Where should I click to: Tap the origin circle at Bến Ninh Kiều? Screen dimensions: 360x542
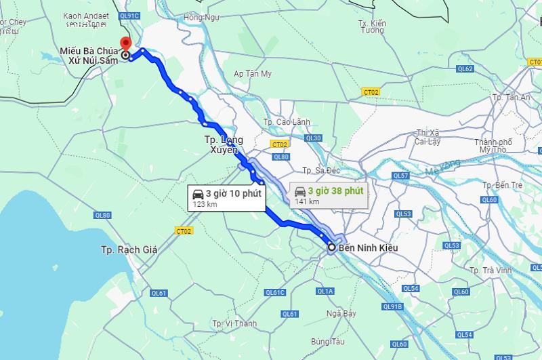pyautogui.click(x=332, y=247)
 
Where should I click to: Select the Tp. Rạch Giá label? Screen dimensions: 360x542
pyautogui.click(x=129, y=249)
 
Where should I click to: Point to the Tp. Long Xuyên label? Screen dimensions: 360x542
pyautogui.click(x=224, y=144)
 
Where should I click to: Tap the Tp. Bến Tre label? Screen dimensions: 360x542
pyautogui.click(x=502, y=184)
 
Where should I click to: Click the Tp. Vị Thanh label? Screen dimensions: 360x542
pyautogui.click(x=233, y=323)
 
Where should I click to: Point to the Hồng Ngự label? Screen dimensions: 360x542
pyautogui.click(x=202, y=16)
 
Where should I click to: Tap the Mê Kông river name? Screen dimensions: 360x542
pyautogui.click(x=444, y=167)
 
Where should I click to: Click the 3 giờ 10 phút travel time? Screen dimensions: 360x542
pyautogui.click(x=233, y=193)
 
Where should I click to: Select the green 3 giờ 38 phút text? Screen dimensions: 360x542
pyautogui.click(x=335, y=191)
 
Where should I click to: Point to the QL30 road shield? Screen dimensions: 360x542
pyautogui.click(x=314, y=138)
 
